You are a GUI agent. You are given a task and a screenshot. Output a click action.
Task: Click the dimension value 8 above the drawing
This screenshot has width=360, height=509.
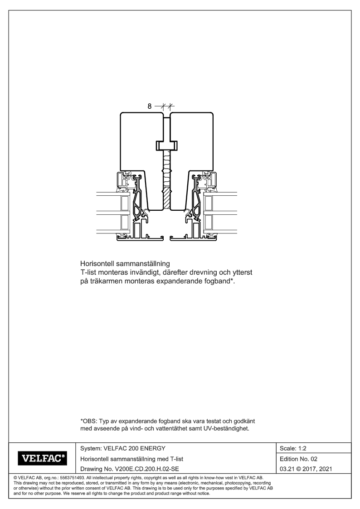[149, 106]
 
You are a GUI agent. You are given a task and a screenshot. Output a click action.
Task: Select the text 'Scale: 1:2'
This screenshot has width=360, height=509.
[293, 448]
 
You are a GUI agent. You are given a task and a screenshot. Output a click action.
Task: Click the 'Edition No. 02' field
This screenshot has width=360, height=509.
[298, 459]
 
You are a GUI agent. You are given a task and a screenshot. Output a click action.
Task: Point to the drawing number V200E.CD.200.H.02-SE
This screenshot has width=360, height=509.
[130, 469]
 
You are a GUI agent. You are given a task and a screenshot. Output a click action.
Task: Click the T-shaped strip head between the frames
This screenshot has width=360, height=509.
[167, 145]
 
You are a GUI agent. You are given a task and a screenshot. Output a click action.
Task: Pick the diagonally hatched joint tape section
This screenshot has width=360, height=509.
[166, 198]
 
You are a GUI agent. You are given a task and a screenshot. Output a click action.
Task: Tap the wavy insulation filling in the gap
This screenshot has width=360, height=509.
[166, 169]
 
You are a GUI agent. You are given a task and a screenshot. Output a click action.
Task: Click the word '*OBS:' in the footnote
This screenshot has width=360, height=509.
[88, 421]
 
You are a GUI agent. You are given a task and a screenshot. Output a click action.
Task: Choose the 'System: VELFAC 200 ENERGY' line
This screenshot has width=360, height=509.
[123, 448]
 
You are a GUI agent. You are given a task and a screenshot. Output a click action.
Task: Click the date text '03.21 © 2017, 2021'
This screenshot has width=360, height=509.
[306, 469]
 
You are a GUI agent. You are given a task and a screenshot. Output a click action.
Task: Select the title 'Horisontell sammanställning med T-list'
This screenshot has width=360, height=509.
[131, 459]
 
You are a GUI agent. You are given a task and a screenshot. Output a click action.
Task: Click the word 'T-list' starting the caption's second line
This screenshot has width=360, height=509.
[88, 272]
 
